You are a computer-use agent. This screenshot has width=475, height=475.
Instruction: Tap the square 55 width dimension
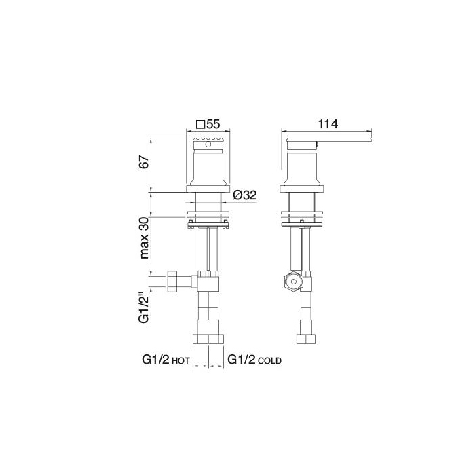(209, 124)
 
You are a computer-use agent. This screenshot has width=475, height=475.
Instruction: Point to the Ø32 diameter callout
(244, 195)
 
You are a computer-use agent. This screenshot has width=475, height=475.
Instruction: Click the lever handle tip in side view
(370, 140)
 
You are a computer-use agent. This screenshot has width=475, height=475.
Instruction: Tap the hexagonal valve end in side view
(293, 282)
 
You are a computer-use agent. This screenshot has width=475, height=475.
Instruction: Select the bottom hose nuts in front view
(209, 339)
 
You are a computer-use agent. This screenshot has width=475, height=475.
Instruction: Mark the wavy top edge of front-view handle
(209, 139)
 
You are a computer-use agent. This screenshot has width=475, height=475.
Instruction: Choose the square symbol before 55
(200, 124)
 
